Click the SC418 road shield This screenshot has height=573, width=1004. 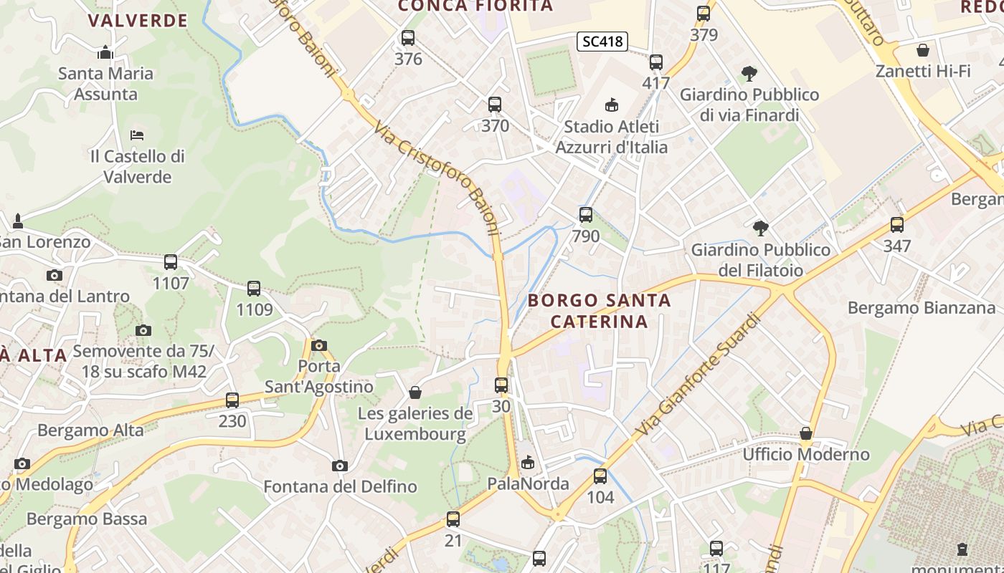602,42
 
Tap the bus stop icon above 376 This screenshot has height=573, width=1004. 408,38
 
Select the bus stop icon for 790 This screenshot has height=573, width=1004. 586,215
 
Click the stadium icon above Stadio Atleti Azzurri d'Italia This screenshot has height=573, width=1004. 611,106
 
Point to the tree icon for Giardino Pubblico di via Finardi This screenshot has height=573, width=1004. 749,73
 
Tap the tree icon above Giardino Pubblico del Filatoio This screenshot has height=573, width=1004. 761,228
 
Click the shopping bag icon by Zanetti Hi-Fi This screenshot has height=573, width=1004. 923,50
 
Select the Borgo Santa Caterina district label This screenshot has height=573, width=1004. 600,311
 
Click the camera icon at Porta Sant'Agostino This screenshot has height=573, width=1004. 319,346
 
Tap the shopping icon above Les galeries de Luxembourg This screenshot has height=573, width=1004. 415,393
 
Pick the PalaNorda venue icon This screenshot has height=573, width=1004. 528,463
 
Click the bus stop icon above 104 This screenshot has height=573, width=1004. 600,476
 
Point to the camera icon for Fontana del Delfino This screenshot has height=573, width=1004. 340,466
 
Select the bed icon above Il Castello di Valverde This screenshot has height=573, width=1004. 137,135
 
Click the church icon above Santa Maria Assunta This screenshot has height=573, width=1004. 105,52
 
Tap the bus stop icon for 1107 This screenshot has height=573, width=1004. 171,262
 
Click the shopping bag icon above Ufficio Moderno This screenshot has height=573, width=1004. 806,433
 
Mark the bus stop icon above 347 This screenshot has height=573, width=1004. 897,225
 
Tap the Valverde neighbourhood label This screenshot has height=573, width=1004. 138,20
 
